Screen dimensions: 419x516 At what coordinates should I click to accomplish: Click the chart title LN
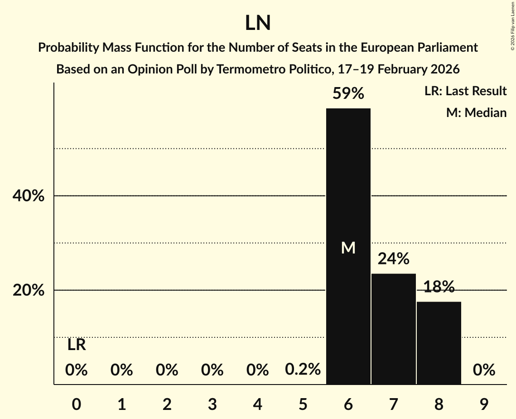pyautogui.click(x=258, y=23)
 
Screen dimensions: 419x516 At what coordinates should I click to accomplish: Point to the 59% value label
pyautogui.click(x=348, y=94)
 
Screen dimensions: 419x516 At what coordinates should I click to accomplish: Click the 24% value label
pyautogui.click(x=393, y=259)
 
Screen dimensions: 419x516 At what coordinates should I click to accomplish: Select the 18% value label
pyautogui.click(x=439, y=287)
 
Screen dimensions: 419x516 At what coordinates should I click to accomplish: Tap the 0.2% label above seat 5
pyautogui.click(x=303, y=370)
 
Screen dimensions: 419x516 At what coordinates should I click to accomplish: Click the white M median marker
pyautogui.click(x=348, y=248)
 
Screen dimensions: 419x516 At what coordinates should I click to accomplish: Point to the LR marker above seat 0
pyautogui.click(x=77, y=345)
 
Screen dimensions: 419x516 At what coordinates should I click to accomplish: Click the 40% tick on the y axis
pyautogui.click(x=28, y=196)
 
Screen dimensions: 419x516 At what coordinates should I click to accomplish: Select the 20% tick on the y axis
pyautogui.click(x=28, y=291)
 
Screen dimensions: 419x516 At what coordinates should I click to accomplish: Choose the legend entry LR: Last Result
pyautogui.click(x=465, y=91)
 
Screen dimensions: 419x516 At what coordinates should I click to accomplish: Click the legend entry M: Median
pyautogui.click(x=476, y=113)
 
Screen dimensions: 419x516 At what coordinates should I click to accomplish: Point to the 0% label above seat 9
pyautogui.click(x=484, y=370)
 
